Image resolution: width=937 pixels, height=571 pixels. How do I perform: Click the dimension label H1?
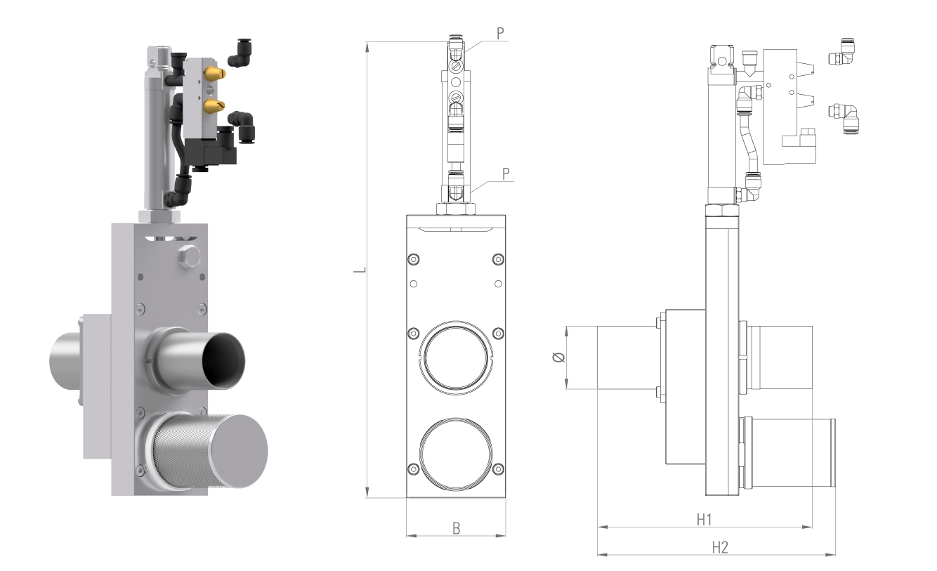(704, 520)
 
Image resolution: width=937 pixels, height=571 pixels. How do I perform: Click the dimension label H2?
(720, 547)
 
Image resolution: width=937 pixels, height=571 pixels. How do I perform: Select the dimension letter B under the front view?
(457, 528)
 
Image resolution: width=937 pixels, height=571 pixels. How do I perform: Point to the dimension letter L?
(360, 270)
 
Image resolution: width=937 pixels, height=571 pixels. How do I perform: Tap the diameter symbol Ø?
(559, 357)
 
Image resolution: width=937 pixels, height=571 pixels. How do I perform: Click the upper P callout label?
(500, 34)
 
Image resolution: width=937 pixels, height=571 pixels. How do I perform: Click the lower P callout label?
(506, 173)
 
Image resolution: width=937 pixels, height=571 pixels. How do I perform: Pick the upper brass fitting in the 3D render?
(215, 74)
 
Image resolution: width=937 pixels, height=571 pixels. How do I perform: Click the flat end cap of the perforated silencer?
(239, 452)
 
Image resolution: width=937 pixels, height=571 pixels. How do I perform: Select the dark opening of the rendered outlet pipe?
(224, 360)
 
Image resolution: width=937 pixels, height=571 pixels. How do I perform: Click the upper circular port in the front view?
(456, 357)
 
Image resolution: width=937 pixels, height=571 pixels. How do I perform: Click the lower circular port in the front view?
(456, 454)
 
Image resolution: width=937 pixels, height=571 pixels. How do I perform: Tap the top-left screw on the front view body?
(413, 260)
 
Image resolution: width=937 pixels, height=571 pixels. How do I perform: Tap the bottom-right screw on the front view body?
(498, 469)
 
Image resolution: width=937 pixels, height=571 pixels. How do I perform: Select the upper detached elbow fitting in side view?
(841, 53)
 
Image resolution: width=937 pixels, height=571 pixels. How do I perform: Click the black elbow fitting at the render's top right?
(240, 53)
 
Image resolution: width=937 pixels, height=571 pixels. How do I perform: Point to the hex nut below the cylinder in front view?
(456, 209)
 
